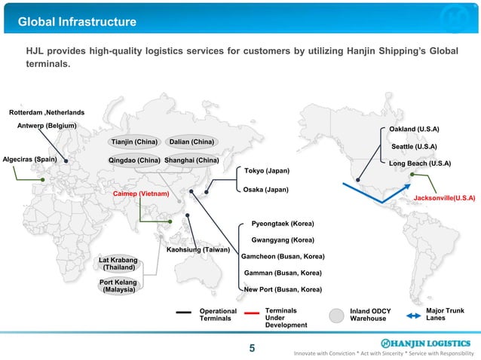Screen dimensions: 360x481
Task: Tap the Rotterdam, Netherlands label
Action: click(47, 112)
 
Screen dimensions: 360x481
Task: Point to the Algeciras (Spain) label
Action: click(30, 160)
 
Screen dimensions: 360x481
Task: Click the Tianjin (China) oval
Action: click(134, 142)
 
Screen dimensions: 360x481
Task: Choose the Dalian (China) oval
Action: click(191, 142)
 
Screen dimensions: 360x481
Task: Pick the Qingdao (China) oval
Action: click(134, 160)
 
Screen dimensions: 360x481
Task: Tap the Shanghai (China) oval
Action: click(191, 160)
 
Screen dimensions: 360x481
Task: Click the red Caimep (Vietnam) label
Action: click(141, 194)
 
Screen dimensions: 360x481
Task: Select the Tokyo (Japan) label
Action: click(267, 171)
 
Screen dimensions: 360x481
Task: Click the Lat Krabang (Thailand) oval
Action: click(119, 263)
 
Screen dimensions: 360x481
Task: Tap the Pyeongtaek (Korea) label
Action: click(283, 224)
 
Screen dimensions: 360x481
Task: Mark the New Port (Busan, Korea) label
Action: click(283, 288)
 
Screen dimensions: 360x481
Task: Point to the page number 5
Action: click(252, 348)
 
